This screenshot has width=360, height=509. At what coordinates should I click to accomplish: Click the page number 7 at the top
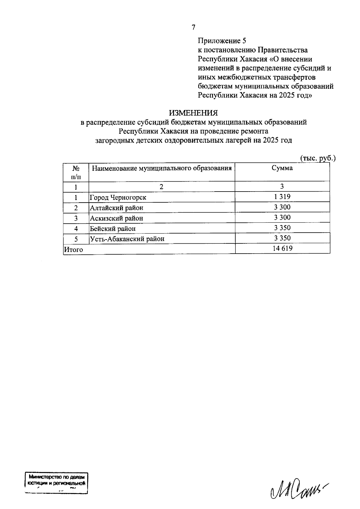click(x=193, y=28)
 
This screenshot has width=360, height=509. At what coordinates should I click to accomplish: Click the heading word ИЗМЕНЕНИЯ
click(x=193, y=113)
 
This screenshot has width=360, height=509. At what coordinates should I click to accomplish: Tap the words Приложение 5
click(x=222, y=40)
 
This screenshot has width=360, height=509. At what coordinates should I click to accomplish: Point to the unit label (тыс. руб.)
click(x=318, y=158)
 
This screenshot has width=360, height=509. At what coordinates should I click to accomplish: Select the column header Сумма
click(x=282, y=168)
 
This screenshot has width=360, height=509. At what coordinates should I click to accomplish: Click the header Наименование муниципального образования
click(x=162, y=168)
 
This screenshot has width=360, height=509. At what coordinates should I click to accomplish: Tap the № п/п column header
click(x=76, y=172)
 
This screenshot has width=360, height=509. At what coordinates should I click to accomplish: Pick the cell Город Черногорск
click(x=118, y=198)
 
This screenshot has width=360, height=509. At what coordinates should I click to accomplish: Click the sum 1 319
click(x=282, y=197)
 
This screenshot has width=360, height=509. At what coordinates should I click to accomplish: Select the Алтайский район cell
click(x=117, y=208)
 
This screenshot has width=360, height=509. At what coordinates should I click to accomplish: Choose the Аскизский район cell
click(x=117, y=218)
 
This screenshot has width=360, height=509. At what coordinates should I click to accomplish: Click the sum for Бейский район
click(x=282, y=228)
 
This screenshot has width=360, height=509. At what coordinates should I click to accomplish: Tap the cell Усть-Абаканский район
click(x=127, y=239)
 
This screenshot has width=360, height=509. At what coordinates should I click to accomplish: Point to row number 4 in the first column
click(x=76, y=229)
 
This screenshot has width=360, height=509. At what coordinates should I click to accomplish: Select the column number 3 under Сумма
click(x=282, y=186)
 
